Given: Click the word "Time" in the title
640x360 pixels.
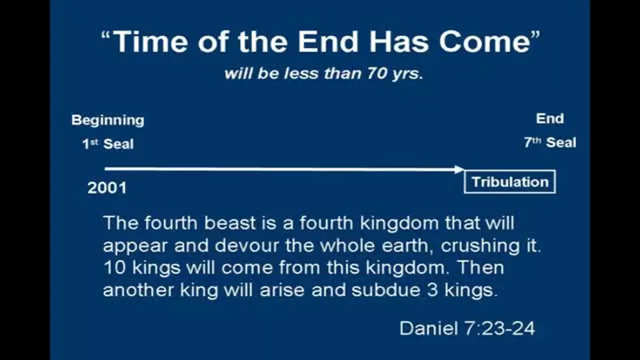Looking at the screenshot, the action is point(150,41).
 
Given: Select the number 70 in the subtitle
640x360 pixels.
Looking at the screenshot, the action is point(376,73).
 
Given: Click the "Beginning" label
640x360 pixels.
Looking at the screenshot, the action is point(108,121).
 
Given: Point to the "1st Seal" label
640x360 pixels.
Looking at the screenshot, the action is point(108,144).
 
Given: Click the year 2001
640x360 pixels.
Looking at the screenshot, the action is point(107,188).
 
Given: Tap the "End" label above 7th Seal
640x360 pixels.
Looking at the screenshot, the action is point(550,119).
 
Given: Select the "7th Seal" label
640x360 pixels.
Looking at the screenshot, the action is point(550,143).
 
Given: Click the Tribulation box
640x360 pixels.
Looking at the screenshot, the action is point(510,181).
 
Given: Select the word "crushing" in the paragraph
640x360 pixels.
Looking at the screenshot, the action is point(479,245).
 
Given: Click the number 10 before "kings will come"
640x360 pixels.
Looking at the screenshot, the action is point(114,268).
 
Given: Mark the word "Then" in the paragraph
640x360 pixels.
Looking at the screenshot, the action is point(481,268).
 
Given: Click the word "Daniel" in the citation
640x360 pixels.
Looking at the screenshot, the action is point(428,328).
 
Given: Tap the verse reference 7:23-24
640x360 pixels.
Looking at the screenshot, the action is point(499,328).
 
